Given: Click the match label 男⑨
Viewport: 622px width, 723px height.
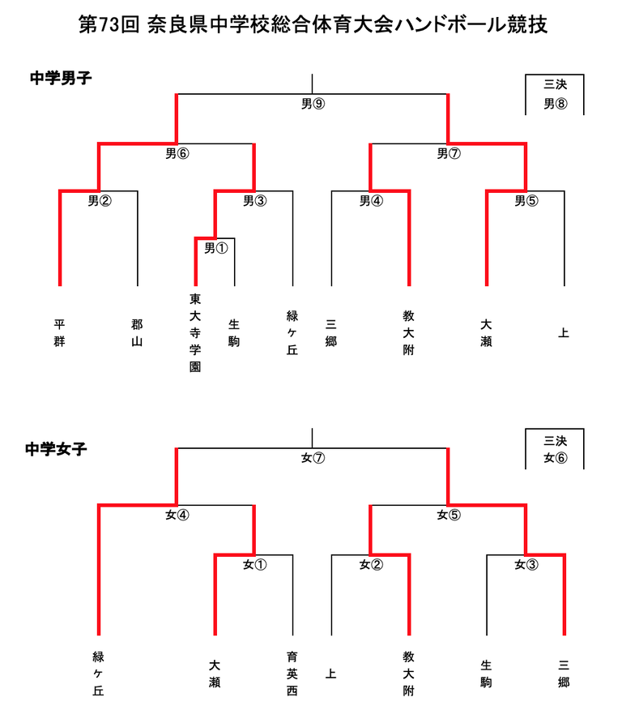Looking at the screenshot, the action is [313, 104].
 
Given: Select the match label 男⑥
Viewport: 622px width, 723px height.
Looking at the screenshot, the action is [177, 153].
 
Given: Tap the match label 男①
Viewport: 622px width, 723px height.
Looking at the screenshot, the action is [216, 248].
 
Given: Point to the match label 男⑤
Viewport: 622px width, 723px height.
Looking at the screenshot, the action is [526, 200].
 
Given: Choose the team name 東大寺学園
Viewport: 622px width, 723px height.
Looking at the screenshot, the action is [195, 332].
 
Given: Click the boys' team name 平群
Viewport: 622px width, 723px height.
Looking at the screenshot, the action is [59, 332].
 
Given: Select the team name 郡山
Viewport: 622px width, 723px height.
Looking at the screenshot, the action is [137, 332].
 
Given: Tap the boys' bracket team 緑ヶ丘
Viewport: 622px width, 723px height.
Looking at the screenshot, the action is [292, 332].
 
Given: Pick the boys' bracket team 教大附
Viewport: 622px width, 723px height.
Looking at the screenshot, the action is [409, 332].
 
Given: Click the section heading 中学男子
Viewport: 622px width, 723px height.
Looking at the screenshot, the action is [61, 78].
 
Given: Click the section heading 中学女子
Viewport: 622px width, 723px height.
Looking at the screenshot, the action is [56, 449].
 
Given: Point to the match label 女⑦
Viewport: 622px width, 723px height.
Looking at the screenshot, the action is [313, 458].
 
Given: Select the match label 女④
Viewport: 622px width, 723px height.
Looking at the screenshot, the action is [177, 515].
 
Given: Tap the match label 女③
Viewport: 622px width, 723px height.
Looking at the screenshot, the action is [526, 564].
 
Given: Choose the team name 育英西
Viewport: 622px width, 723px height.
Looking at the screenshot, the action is [292, 674].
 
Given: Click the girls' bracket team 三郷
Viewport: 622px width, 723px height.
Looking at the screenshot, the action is [564, 674].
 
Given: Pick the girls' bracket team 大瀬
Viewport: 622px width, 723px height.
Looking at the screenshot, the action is [215, 674].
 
